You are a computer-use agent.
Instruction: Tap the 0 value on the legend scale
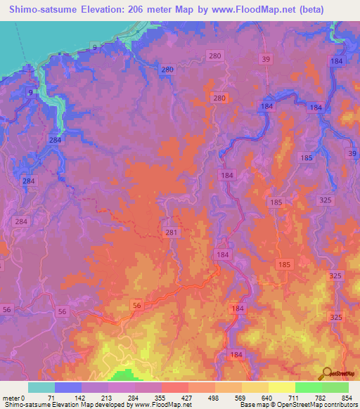click(22, 398)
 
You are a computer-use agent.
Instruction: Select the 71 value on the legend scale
click(51, 398)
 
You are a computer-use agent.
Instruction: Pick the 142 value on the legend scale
click(80, 398)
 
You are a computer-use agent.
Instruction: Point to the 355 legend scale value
click(161, 398)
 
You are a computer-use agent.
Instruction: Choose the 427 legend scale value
click(188, 398)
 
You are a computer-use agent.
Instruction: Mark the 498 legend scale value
click(214, 398)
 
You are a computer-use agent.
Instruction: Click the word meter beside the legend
click(10, 398)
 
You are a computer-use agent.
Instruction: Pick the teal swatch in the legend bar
click(41, 387)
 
